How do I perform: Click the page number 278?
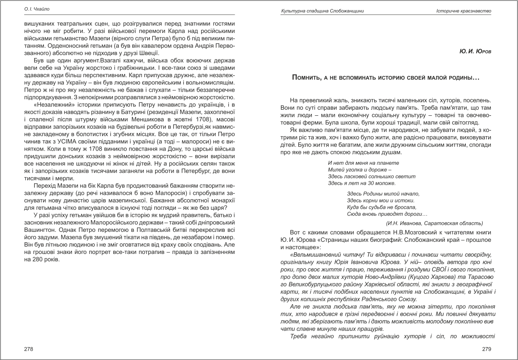click(x=29, y=349)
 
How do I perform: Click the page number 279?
click(x=486, y=349)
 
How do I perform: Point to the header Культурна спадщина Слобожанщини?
click(x=323, y=11)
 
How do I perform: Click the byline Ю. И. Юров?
click(x=475, y=52)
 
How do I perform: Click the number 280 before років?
click(x=38, y=260)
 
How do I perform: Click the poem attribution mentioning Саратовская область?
click(x=434, y=223)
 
